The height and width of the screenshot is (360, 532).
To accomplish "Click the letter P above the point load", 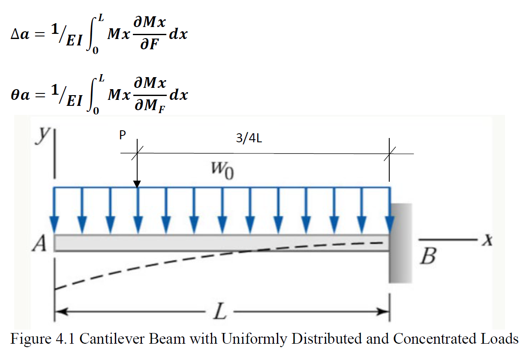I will click(x=122, y=136).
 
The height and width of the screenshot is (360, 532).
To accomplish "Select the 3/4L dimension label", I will click(x=249, y=139).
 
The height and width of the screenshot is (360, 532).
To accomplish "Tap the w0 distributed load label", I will click(x=223, y=172).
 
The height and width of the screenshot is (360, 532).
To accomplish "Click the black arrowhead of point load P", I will click(x=137, y=184).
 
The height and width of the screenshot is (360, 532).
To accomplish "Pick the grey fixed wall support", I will click(x=401, y=243).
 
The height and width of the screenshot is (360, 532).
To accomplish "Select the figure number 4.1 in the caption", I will click(x=65, y=339).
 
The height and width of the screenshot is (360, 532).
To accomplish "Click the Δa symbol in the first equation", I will click(x=20, y=35).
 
